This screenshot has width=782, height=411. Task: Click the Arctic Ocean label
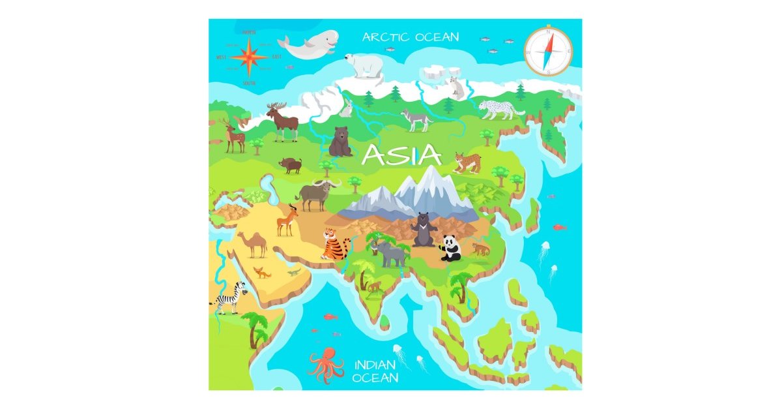click(411, 37)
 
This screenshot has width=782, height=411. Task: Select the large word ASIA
click(401, 155)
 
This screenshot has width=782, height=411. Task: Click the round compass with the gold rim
click(548, 51)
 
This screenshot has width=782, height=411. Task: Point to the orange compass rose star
click(249, 57)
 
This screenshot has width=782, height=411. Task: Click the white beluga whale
click(308, 46)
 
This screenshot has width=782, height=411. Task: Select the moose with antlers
click(282, 121)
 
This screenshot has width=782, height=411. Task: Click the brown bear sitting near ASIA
click(340, 142)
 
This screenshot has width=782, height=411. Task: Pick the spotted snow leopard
click(499, 109)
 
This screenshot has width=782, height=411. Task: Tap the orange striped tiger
click(335, 244)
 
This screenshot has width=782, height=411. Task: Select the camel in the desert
click(252, 244)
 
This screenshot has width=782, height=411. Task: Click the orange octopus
click(325, 365)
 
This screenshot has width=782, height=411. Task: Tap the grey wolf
click(415, 119)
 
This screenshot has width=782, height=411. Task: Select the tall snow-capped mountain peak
click(430, 186)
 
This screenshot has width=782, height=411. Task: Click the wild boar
click(291, 165)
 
